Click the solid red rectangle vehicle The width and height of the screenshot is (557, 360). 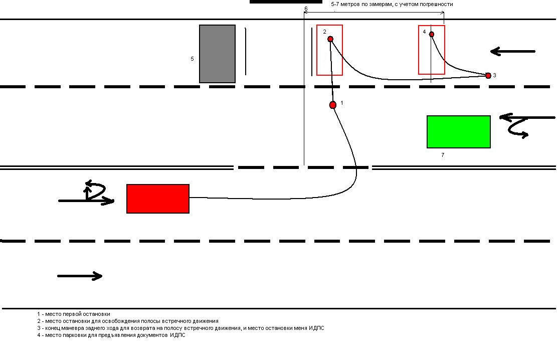(x=157, y=199)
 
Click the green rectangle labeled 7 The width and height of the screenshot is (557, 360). (x=458, y=132)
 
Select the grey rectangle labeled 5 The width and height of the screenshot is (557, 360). (x=217, y=54)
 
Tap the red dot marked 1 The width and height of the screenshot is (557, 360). (x=333, y=105)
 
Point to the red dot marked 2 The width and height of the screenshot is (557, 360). (x=330, y=39)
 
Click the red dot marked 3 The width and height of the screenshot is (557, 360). (x=488, y=76)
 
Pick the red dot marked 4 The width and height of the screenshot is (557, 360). (x=431, y=34)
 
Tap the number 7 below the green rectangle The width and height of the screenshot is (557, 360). (x=442, y=155)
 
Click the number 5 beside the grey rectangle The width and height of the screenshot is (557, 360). (x=192, y=59)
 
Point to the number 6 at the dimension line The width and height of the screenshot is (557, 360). (x=306, y=9)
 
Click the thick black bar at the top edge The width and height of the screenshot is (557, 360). (x=286, y=2)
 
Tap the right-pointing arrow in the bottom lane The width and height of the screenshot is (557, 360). (x=80, y=276)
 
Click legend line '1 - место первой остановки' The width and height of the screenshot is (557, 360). (x=74, y=314)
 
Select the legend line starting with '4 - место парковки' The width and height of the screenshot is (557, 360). (x=111, y=335)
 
